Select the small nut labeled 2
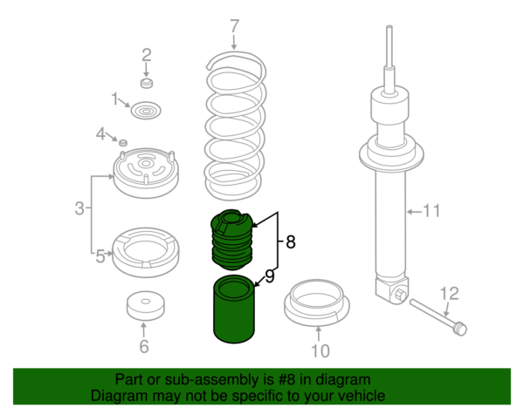[147, 84]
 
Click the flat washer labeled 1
[145, 112]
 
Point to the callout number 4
[100, 134]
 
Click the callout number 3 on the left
[79, 208]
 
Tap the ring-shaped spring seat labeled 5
[146, 248]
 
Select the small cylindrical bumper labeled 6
[145, 306]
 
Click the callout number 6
[144, 346]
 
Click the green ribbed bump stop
[231, 239]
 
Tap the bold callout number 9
[270, 276]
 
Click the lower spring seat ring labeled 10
[319, 302]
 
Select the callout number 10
[320, 351]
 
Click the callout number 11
[431, 211]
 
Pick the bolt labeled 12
[437, 316]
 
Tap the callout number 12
[448, 293]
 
